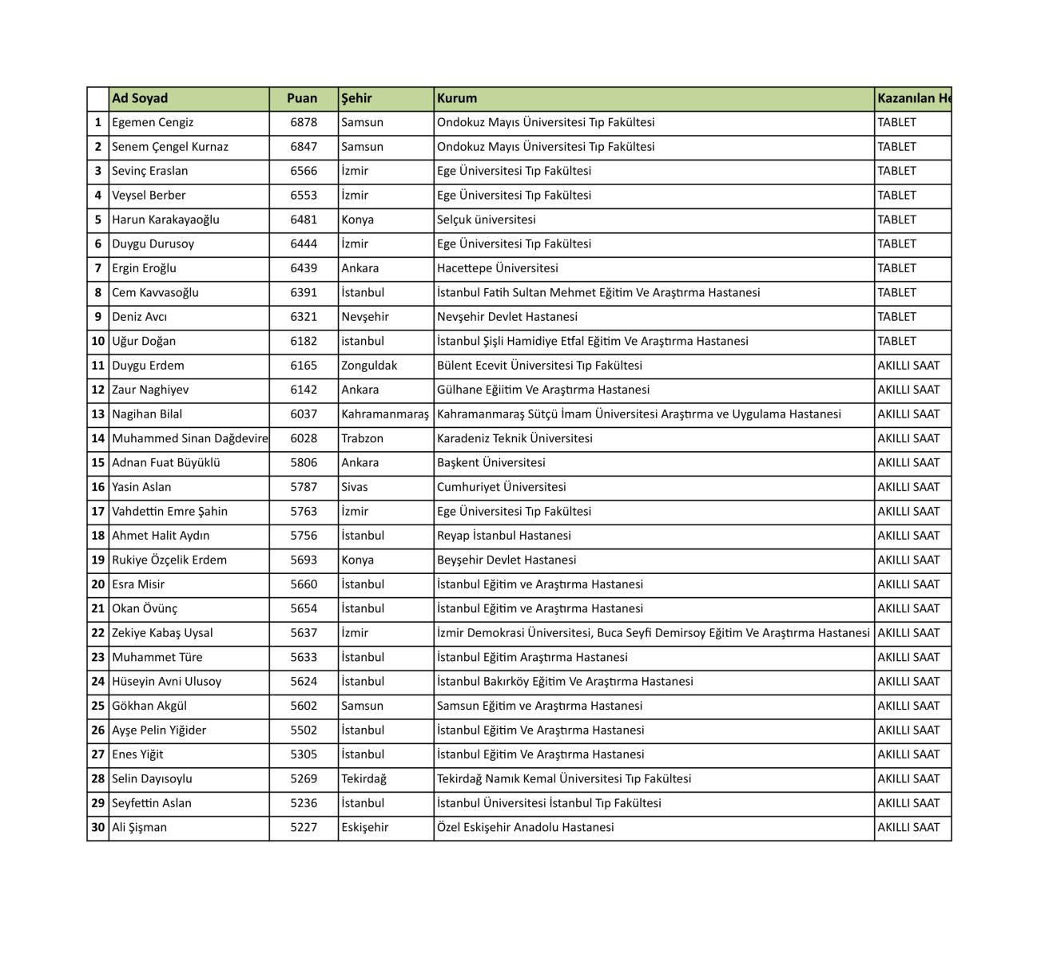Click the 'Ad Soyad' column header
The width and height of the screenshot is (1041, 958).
[x=140, y=98]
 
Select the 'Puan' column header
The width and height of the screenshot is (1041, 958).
[x=302, y=98]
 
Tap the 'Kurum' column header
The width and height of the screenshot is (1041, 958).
[x=457, y=98]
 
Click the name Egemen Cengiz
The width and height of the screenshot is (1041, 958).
[x=153, y=122]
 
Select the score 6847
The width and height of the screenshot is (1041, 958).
[x=304, y=147]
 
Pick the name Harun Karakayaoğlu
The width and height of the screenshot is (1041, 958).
[x=165, y=220]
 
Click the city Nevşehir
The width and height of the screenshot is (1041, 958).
[x=365, y=317]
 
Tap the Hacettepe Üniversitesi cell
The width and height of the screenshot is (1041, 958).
[x=498, y=268]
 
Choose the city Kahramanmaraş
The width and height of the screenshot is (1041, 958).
[x=385, y=414]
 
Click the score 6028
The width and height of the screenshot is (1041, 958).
[x=304, y=438]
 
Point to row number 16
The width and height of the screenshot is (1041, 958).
[x=98, y=487]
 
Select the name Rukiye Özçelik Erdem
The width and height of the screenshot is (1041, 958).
[x=169, y=560]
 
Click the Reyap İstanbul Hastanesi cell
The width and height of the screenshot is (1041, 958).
[x=504, y=536]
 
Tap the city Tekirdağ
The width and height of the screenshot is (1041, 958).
[x=364, y=778]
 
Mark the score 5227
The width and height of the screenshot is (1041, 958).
[x=304, y=827]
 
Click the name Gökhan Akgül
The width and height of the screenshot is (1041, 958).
[x=149, y=706]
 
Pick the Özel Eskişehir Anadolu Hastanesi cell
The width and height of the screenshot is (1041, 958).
[x=526, y=827]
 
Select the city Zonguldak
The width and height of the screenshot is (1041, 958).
[x=369, y=366]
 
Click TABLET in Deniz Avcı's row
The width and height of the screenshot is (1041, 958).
[x=897, y=317]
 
